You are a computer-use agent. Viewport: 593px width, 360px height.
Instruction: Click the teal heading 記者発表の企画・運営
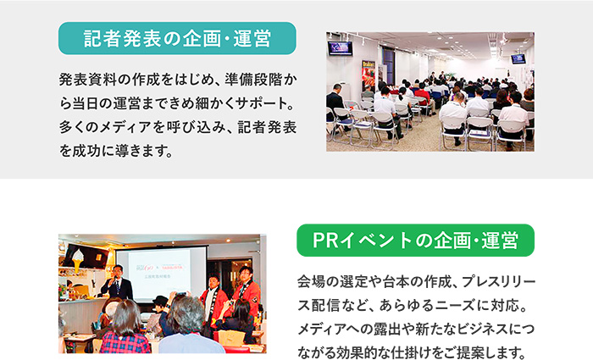pos(177,39)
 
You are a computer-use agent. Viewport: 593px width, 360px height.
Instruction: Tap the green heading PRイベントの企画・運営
pos(415,241)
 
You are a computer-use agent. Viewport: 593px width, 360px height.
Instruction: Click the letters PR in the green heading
pos(325,241)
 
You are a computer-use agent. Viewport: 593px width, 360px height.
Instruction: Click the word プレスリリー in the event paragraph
pos(498,282)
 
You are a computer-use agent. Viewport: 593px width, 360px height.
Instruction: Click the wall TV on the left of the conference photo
pos(340,48)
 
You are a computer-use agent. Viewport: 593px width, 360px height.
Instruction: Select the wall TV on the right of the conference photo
pos(518,58)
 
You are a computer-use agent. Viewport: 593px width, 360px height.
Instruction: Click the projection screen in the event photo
pos(162,273)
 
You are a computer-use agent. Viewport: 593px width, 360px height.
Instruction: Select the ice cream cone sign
pos(78,260)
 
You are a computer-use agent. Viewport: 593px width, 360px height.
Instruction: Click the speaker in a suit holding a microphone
pos(117,284)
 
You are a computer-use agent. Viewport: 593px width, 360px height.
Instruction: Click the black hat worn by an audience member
pos(160,301)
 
